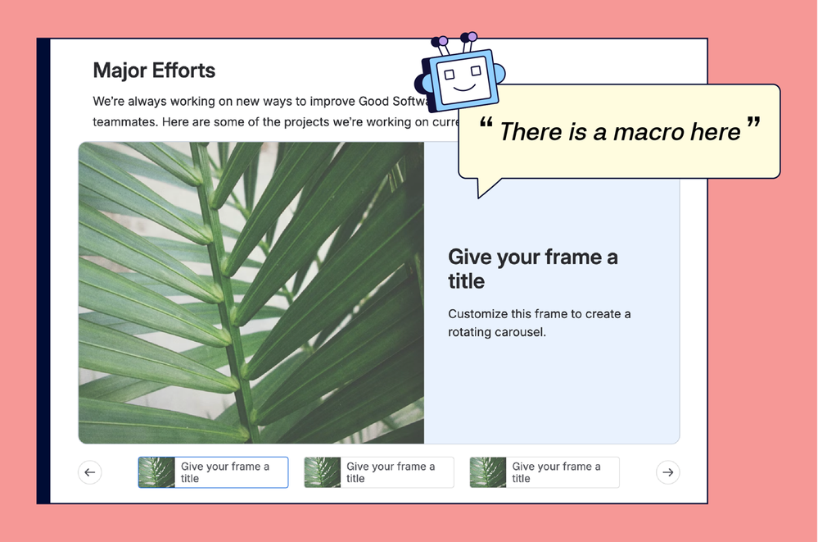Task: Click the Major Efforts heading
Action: click(154, 71)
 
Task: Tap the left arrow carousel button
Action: click(90, 472)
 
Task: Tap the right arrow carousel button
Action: click(668, 472)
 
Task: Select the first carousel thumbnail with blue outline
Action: click(213, 472)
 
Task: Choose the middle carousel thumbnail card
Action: click(378, 472)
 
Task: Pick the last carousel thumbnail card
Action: click(544, 472)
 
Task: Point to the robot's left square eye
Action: click(450, 75)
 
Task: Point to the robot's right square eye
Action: click(474, 71)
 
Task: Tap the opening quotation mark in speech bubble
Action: click(486, 127)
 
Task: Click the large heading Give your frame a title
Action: click(533, 269)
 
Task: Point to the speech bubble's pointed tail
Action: click(485, 188)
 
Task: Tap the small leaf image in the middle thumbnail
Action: click(323, 472)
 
